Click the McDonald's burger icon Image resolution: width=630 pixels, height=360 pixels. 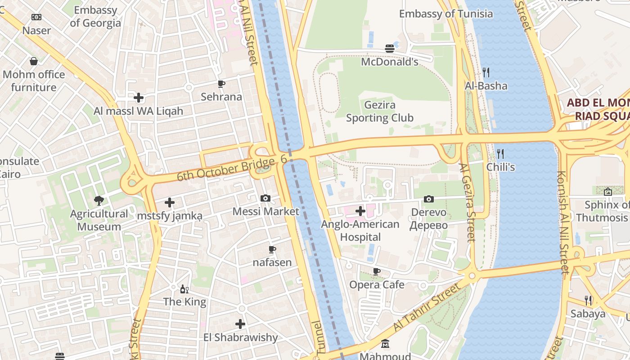[390, 49]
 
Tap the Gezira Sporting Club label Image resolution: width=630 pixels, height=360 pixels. [379, 112]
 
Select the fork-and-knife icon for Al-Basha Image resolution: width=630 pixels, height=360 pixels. [486, 72]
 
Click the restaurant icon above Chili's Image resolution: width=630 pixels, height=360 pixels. [500, 153]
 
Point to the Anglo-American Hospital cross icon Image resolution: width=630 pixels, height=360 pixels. [360, 211]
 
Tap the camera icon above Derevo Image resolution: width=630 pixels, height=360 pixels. [429, 199]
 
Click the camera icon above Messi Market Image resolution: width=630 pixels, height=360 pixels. [265, 198]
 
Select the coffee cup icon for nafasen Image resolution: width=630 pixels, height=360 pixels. [272, 249]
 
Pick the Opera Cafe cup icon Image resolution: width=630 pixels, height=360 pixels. [377, 271]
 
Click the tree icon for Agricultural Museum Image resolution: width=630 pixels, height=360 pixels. [99, 200]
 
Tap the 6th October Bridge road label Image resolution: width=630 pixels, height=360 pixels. [225, 169]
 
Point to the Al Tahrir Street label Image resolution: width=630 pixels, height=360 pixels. [427, 307]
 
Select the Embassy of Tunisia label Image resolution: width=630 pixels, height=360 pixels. [446, 14]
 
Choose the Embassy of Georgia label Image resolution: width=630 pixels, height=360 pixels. [95, 17]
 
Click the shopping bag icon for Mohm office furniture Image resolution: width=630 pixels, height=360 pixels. [33, 61]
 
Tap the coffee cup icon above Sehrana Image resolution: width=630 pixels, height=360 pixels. [221, 84]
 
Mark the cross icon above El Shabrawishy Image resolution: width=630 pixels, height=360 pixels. [240, 324]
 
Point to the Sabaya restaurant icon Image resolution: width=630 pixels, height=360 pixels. [588, 300]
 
